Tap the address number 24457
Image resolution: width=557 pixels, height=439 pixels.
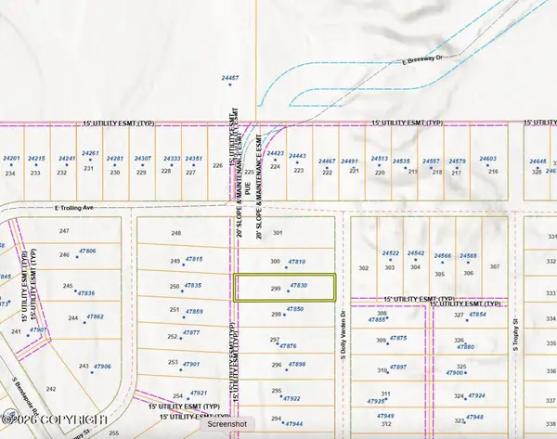click(x=230, y=79)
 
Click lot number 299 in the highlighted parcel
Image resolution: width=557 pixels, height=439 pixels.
click(x=276, y=290)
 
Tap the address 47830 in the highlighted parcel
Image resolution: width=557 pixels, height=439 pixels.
click(x=298, y=286)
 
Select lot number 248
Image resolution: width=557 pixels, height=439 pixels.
click(x=175, y=233)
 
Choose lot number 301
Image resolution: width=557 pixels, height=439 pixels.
click(x=277, y=233)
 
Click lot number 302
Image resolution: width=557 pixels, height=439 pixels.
click(x=363, y=268)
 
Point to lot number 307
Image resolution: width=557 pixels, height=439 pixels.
click(x=495, y=267)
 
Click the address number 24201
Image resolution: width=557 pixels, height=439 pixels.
click(x=11, y=160)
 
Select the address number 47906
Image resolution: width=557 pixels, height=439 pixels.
click(x=101, y=366)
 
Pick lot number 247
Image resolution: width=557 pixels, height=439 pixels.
click(x=64, y=230)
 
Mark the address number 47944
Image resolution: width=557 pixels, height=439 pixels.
click(x=294, y=422)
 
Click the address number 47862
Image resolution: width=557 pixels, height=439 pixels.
click(x=95, y=316)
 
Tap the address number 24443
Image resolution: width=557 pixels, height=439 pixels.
click(x=298, y=156)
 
